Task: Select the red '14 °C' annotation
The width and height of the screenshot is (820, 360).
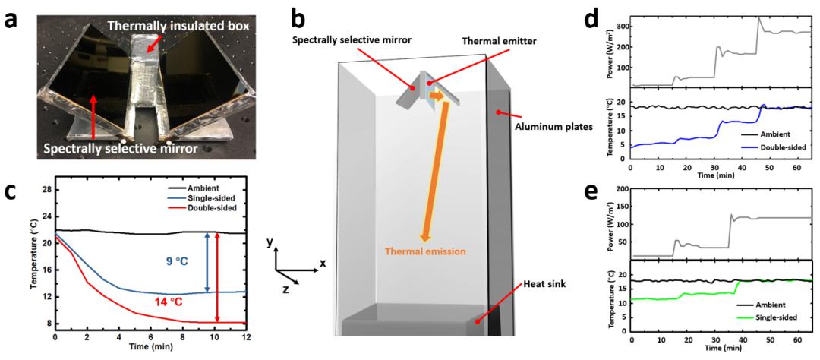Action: (176, 301)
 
